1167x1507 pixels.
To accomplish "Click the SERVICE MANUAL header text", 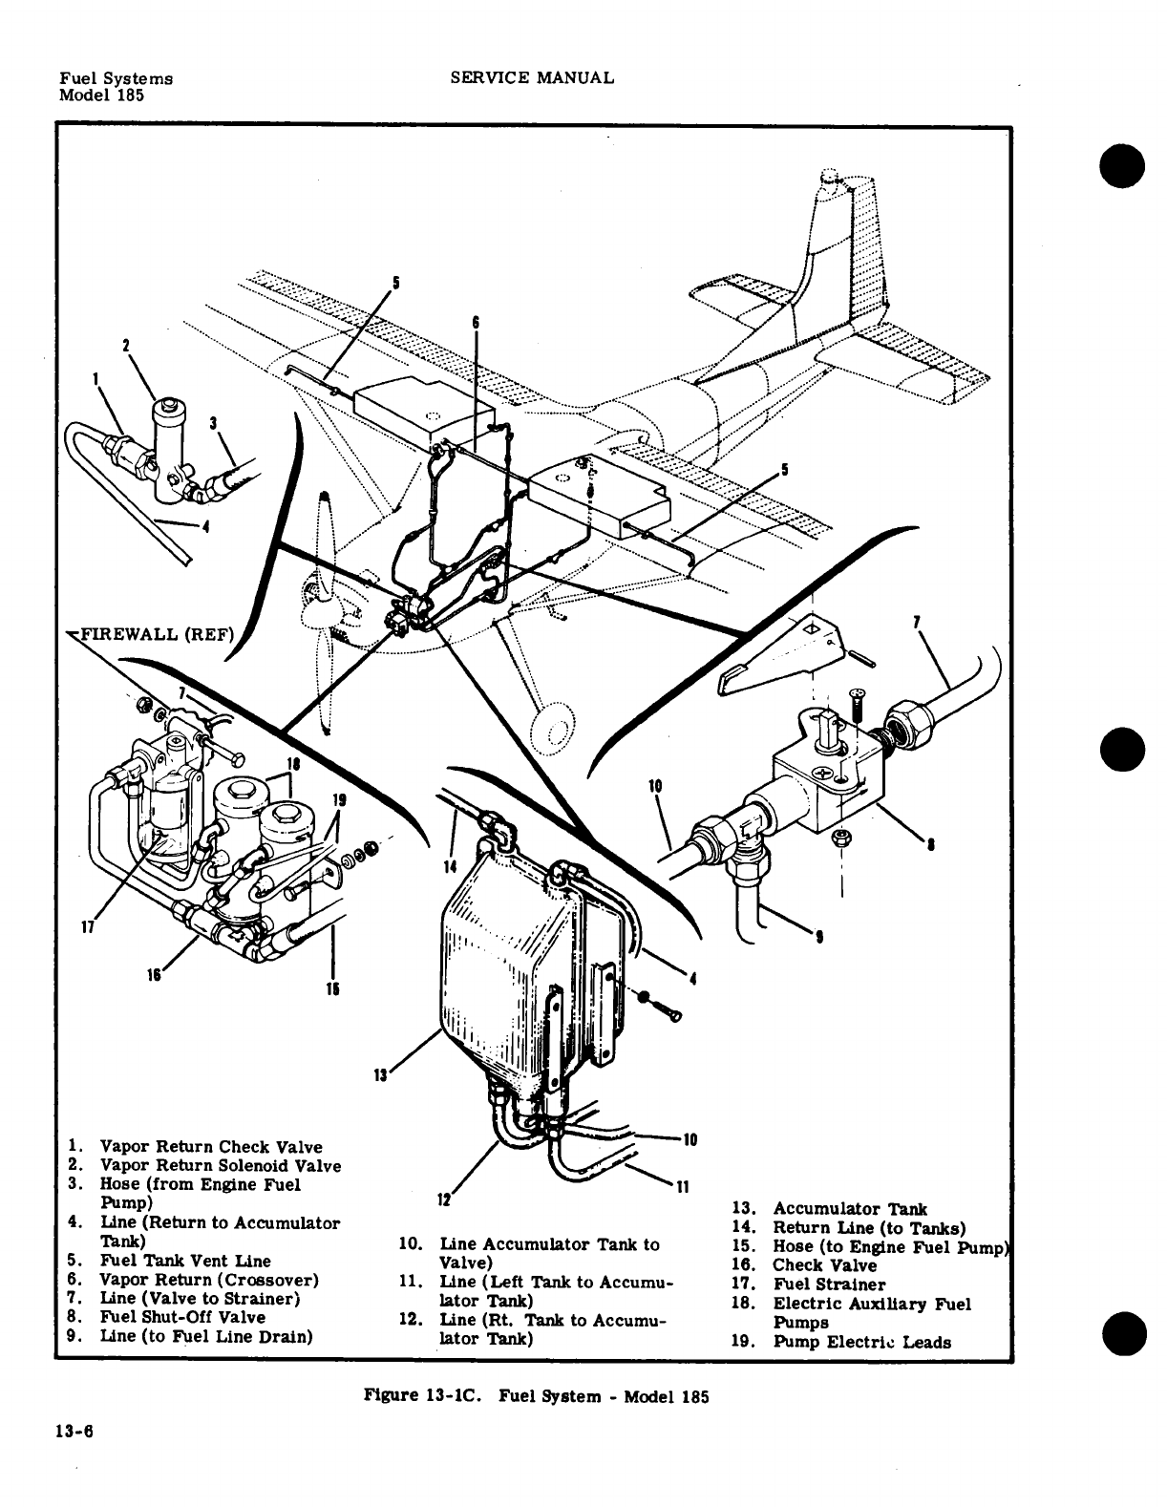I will click(531, 77).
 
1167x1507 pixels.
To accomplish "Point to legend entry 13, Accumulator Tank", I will click(849, 1209).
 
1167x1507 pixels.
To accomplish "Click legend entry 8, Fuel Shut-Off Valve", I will click(182, 1318).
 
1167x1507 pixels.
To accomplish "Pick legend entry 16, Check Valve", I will click(823, 1265).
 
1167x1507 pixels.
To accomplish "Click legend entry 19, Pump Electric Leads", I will click(860, 1342).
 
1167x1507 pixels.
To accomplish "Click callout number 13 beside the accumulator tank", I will click(379, 1075).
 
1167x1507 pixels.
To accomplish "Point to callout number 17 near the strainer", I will click(86, 924).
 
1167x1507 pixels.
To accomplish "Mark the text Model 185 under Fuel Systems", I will click(101, 96).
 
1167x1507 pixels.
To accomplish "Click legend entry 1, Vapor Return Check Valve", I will click(210, 1147).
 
